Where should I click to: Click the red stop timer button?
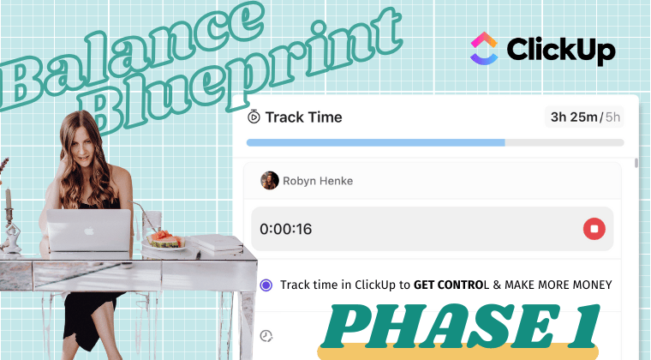pos(594,229)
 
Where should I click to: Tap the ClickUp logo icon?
pos(484,49)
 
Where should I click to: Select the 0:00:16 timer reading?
pos(285,229)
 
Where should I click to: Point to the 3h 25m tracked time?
pos(574,117)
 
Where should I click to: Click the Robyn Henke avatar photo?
pos(270,181)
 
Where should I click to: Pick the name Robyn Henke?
pos(318,181)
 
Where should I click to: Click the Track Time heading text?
pos(303,117)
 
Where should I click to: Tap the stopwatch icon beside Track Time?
pos(254,117)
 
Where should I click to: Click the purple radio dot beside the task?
pos(266,285)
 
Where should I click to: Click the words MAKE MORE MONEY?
pos(558,285)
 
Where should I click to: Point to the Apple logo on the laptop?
pos(89,231)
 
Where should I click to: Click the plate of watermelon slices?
pos(164,241)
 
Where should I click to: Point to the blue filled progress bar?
pos(376,143)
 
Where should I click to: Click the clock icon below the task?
pos(266,335)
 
